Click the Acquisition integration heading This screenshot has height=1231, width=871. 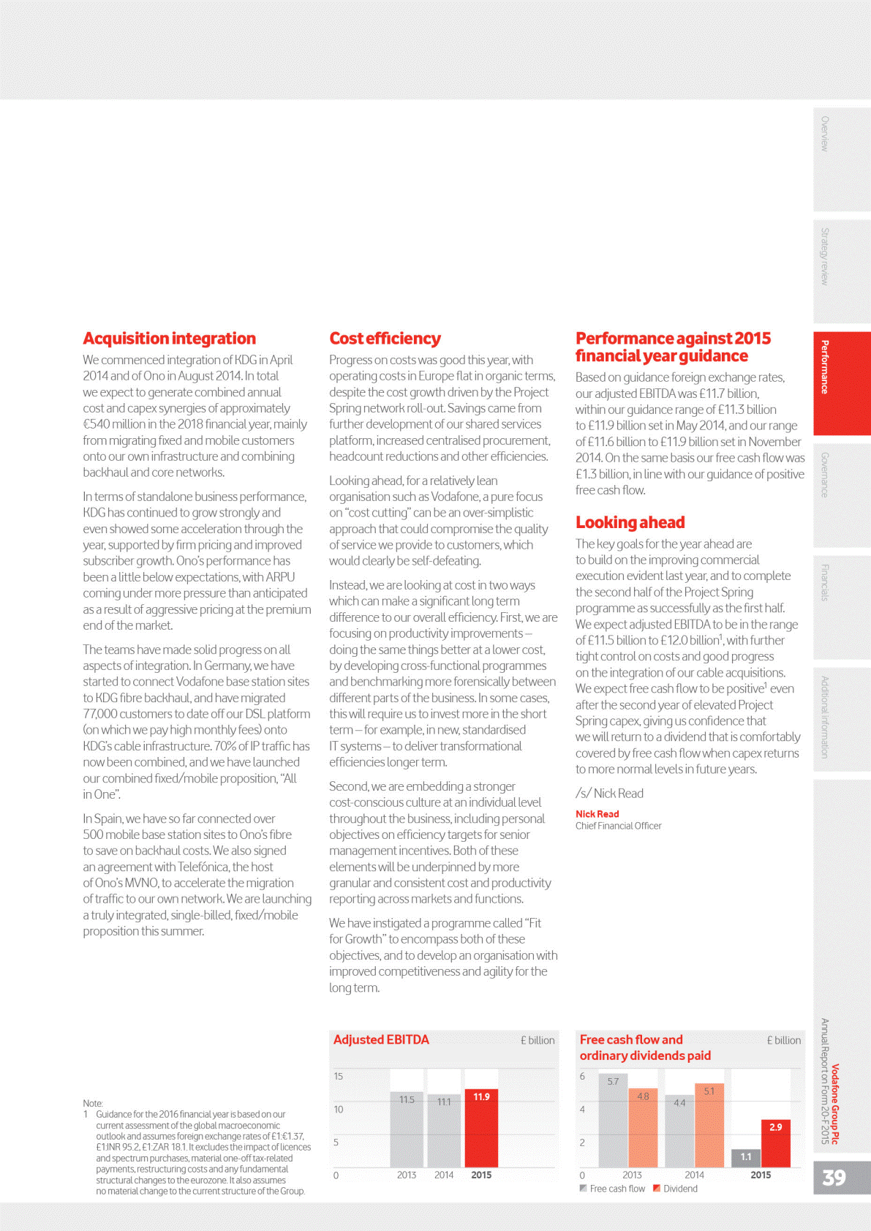169,339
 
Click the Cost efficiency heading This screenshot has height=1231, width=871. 385,339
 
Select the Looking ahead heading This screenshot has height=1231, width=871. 630,522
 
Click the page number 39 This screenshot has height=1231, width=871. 834,1178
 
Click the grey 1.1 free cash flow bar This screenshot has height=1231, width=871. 746,1159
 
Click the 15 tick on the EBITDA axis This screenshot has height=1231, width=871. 338,1076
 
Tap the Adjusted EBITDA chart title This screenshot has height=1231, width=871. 381,1039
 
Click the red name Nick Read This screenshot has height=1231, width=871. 597,814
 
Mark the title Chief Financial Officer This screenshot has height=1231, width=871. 618,826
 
